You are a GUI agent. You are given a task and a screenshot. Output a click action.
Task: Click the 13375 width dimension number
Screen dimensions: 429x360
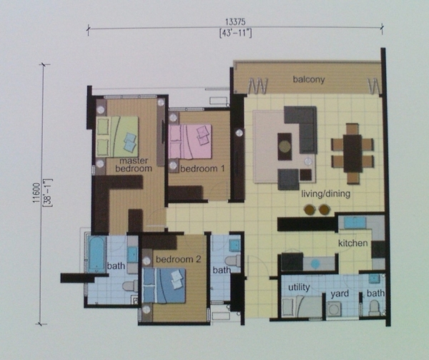pyautogui.click(x=235, y=21)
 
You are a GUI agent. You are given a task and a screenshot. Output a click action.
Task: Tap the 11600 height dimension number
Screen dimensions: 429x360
pyautogui.click(x=36, y=193)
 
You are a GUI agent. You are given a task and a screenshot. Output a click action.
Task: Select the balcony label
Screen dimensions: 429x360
pyautogui.click(x=309, y=79)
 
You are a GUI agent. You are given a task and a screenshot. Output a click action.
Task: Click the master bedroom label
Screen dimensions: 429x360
pyautogui.click(x=134, y=165)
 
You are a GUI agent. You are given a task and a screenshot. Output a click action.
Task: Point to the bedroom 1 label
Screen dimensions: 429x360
pyautogui.click(x=202, y=168)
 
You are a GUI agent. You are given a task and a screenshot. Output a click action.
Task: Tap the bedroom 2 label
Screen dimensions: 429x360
pyautogui.click(x=178, y=259)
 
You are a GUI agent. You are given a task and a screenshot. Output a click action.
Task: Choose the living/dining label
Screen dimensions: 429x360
pyautogui.click(x=325, y=194)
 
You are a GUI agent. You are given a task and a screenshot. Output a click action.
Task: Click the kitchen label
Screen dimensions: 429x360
pyautogui.click(x=353, y=243)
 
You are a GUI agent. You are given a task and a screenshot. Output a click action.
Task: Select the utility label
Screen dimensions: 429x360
pyautogui.click(x=299, y=288)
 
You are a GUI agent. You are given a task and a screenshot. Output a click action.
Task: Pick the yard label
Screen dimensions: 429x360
pyautogui.click(x=340, y=293)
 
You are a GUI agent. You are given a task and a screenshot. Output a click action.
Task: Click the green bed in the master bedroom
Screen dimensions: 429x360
pyautogui.click(x=117, y=136)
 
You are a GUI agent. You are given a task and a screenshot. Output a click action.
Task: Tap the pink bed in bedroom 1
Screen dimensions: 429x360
pyautogui.click(x=190, y=142)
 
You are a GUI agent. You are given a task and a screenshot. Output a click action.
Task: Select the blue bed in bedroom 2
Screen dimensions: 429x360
pyautogui.click(x=164, y=286)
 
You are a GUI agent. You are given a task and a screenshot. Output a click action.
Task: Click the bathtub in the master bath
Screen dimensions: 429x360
pyautogui.click(x=97, y=254)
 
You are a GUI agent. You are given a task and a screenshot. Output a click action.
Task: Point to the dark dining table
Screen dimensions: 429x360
pyautogui.click(x=352, y=153)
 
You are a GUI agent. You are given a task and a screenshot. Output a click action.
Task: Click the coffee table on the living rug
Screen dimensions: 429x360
pyautogui.click(x=285, y=147)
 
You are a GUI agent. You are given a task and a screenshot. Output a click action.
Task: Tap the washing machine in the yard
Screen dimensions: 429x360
pyautogui.click(x=334, y=309)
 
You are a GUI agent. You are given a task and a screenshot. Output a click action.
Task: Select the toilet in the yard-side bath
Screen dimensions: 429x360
pyautogui.click(x=373, y=308)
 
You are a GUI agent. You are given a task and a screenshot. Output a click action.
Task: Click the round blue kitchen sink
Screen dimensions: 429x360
pyautogui.click(x=315, y=264)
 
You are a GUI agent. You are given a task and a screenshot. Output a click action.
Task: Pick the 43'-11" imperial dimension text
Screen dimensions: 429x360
pyautogui.click(x=235, y=34)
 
